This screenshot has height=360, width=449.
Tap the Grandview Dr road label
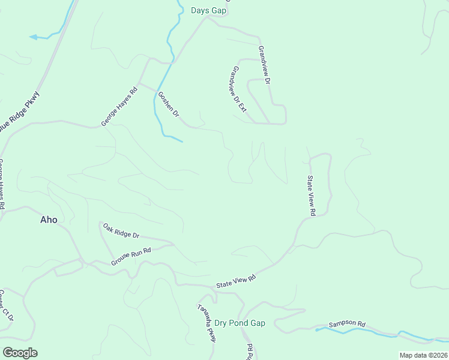coord(265,64)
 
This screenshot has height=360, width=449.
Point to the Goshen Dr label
coord(168,104)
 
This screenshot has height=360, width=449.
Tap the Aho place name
coord(49,220)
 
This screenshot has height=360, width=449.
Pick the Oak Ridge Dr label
coord(121,231)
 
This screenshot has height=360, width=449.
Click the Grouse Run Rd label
coord(130,257)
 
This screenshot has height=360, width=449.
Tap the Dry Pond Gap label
coord(240,323)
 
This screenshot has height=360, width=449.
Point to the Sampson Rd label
coord(347,325)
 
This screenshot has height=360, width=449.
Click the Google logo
coord(20,353)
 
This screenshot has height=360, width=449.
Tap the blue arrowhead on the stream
coord(33,37)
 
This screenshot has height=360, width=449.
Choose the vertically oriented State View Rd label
coord(311,195)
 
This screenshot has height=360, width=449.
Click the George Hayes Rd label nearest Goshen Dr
coord(119,106)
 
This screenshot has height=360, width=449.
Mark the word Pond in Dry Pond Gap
coord(240,323)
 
